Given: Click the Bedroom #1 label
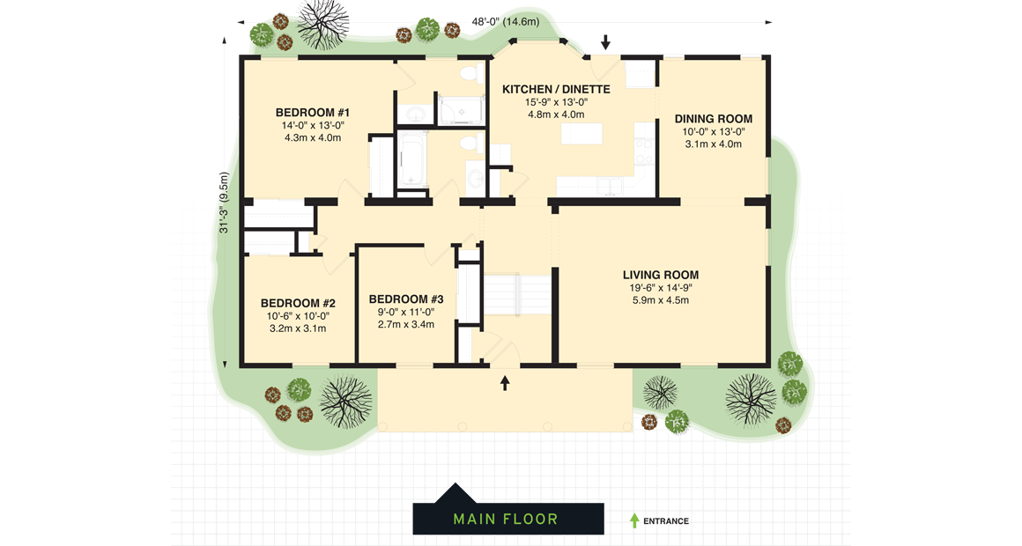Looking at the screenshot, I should pyautogui.click(x=313, y=113).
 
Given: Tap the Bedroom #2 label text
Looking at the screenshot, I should pyautogui.click(x=298, y=303).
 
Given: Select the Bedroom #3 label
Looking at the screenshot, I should pyautogui.click(x=406, y=299).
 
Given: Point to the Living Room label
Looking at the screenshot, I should pyautogui.click(x=661, y=275).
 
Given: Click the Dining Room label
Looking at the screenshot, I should pyautogui.click(x=714, y=119).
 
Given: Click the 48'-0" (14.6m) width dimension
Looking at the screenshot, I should pyautogui.click(x=505, y=22).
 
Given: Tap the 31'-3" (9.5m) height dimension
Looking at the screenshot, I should pyautogui.click(x=225, y=203).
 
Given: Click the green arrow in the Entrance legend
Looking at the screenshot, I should pyautogui.click(x=634, y=520).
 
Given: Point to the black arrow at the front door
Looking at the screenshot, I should pyautogui.click(x=505, y=383).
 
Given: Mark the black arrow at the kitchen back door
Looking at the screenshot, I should pyautogui.click(x=605, y=42).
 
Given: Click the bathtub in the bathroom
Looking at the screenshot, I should pyautogui.click(x=411, y=160).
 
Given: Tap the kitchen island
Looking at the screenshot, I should pyautogui.click(x=581, y=133).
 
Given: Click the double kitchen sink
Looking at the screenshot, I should pyautogui.click(x=611, y=186).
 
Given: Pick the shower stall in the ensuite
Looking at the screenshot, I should pyautogui.click(x=462, y=109).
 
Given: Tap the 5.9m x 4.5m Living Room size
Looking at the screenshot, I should pyautogui.click(x=661, y=300).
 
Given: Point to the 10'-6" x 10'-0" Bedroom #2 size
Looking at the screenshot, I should pyautogui.click(x=298, y=316).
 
